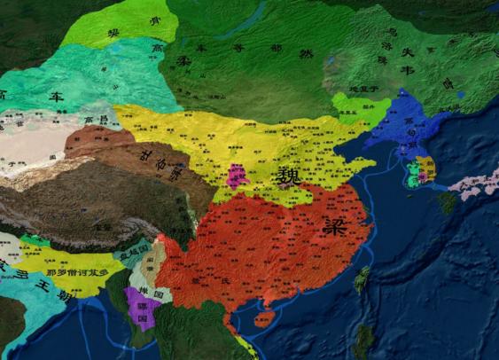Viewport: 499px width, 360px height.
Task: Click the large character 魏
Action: point(287,176)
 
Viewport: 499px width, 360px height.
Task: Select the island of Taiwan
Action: point(362,280)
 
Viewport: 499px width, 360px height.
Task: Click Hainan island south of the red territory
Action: point(263,318)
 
